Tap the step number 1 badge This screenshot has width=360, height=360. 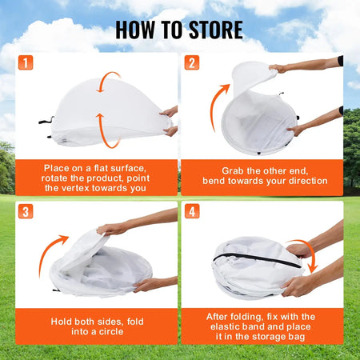tap(26, 63)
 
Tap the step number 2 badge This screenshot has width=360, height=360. tap(192, 63)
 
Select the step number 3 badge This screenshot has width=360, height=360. tap(26, 212)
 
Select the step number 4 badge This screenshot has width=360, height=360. tap(192, 212)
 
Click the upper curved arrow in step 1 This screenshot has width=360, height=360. tap(110, 82)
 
